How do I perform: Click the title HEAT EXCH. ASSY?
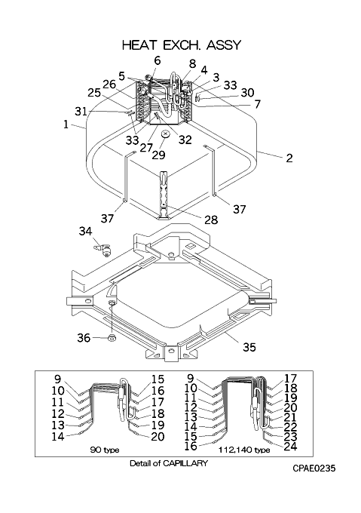point(182,45)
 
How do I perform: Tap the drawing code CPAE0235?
point(314,468)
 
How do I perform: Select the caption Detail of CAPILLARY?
point(169,463)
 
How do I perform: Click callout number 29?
point(159,155)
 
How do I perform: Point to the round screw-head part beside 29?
point(165,134)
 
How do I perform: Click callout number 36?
point(84,337)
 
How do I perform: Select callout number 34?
point(86,232)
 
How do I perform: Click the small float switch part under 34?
point(102,250)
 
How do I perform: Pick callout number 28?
point(211,220)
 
